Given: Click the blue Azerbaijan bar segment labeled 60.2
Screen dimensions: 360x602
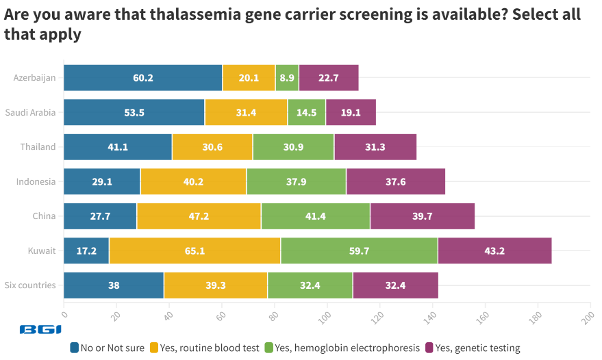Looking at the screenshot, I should [142, 78].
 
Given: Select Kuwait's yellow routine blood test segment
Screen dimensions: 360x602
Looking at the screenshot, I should [195, 250].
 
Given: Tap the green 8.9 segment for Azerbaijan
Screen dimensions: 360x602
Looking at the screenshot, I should [287, 78].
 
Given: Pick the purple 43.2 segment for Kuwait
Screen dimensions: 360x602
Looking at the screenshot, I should [494, 250].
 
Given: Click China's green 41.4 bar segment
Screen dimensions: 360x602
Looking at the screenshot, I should [315, 216].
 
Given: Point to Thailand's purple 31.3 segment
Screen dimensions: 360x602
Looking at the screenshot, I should [375, 147].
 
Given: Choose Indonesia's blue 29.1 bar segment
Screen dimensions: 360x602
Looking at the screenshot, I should [102, 182].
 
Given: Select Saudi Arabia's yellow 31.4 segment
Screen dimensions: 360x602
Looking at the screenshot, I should [245, 112].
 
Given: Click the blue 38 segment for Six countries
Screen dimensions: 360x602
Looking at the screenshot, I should [114, 285].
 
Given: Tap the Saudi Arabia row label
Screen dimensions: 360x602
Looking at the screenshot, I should [30, 112].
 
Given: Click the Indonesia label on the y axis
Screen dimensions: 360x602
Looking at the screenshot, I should [36, 182].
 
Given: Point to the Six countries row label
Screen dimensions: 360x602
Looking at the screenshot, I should [30, 285].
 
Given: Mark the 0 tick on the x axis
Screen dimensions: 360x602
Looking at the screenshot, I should [64, 315].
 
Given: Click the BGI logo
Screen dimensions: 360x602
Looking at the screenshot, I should [41, 330].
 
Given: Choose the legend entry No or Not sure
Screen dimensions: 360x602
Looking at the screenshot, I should [108, 348].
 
